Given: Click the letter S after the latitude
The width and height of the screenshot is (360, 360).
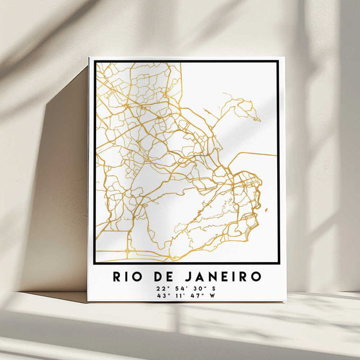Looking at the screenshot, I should [214, 288].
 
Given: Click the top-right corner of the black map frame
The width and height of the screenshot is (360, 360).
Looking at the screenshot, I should [278, 61].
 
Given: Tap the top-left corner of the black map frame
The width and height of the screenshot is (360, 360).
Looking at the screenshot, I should [95, 61].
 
